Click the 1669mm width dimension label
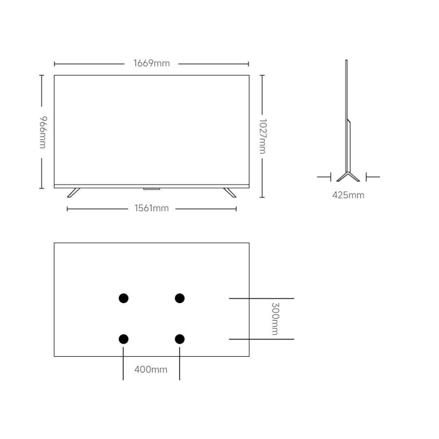click(152, 63)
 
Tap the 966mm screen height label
click(43, 132)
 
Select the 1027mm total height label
click(263, 136)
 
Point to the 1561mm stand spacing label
click(152, 208)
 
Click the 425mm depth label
click(348, 195)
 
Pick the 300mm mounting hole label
click(275, 319)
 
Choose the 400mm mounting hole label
click(151, 369)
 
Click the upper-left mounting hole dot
click(124, 298)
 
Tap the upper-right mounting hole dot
click(180, 298)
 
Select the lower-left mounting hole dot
click(124, 339)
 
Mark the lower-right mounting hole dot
click(180, 339)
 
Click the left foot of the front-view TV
click(73, 193)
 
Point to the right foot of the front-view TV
click(230, 193)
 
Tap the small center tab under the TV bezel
click(152, 189)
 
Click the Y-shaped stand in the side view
click(348, 177)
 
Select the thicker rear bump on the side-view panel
click(349, 146)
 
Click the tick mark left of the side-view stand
click(330, 177)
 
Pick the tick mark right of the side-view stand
click(366, 177)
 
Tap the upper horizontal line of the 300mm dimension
click(261, 298)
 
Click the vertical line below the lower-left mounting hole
click(123, 364)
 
